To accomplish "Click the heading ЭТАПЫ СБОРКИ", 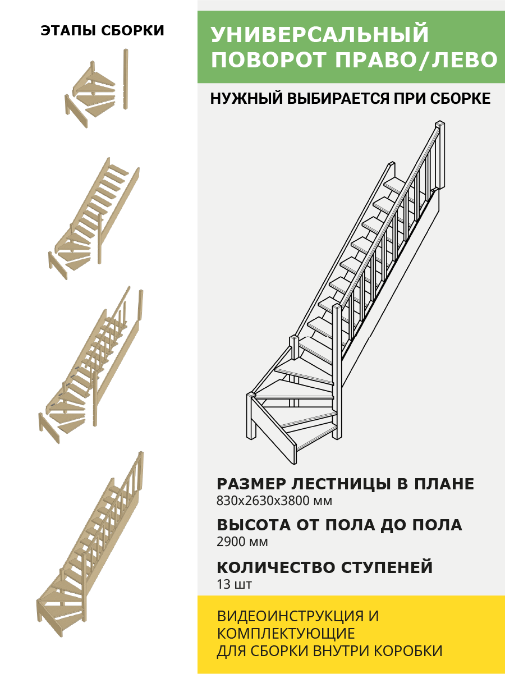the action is [102, 31].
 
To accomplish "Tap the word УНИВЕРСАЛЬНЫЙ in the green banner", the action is [320, 35].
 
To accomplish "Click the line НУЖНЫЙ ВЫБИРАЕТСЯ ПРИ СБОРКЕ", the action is [350, 99].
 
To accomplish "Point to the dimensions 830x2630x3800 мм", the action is [274, 501].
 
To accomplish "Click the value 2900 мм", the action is [242, 542].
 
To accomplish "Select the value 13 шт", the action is [234, 584].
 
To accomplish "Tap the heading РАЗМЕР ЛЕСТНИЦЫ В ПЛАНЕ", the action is [345, 484].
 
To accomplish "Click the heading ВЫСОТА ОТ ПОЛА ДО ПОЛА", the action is [339, 525].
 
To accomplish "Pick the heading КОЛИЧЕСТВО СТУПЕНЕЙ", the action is [325, 567].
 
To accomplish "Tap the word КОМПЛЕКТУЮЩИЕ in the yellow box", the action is [286, 634].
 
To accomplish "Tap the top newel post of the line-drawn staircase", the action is [440, 154].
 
